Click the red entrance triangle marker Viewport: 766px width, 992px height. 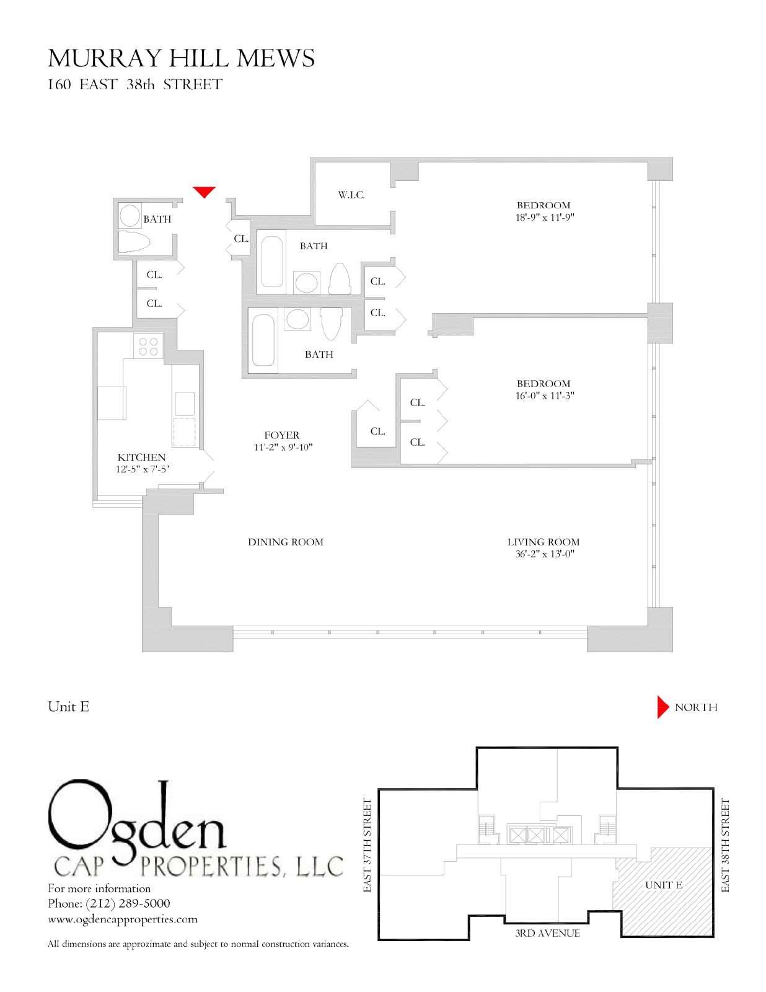pyautogui.click(x=204, y=192)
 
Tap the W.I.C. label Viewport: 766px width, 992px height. pyautogui.click(x=351, y=195)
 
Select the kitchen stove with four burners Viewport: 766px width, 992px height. pyautogui.click(x=148, y=345)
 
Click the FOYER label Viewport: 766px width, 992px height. pyautogui.click(x=282, y=435)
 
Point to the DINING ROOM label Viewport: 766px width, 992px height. pyautogui.click(x=286, y=542)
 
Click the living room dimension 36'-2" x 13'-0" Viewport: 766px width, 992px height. pyautogui.click(x=544, y=554)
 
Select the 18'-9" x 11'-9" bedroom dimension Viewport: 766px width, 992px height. pyautogui.click(x=544, y=217)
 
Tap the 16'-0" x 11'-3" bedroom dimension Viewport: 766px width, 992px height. pyautogui.click(x=544, y=396)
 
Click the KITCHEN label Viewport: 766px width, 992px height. pyautogui.click(x=141, y=457)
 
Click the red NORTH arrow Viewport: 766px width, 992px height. pyautogui.click(x=663, y=707)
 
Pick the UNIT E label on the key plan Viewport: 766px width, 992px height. pyautogui.click(x=664, y=885)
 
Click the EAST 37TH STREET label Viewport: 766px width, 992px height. pyautogui.click(x=368, y=845)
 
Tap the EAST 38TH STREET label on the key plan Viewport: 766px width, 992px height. pyautogui.click(x=725, y=845)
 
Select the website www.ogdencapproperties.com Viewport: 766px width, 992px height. pyautogui.click(x=123, y=919)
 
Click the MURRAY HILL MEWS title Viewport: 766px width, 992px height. pyautogui.click(x=181, y=58)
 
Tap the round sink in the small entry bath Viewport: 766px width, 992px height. pyautogui.click(x=130, y=216)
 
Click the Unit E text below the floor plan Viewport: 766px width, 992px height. pyautogui.click(x=68, y=707)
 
